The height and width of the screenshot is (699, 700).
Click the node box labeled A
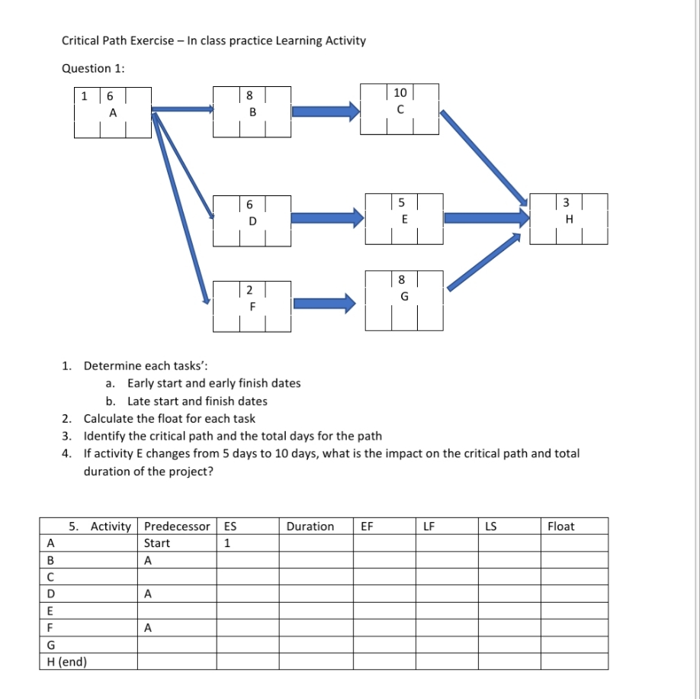[x=113, y=112]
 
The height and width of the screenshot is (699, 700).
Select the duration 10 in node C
[x=400, y=93]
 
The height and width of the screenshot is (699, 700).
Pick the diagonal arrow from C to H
[x=485, y=157]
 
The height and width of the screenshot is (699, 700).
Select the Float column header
[x=561, y=527]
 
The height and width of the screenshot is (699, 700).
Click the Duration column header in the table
[x=310, y=527]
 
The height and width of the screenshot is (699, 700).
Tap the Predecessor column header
[x=177, y=527]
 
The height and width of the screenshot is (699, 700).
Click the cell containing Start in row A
[x=157, y=543]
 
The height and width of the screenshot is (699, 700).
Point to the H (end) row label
[x=66, y=662]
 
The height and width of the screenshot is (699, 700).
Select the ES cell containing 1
[x=227, y=543]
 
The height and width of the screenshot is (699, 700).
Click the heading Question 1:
[x=94, y=69]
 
